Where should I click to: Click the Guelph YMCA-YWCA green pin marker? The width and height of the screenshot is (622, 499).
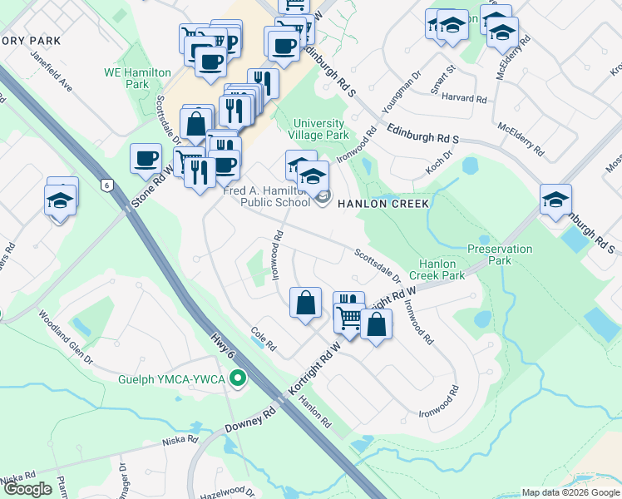pyautogui.click(x=239, y=379)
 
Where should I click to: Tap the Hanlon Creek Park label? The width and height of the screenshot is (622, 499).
pyautogui.click(x=442, y=269)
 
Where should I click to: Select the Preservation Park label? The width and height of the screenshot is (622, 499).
pyautogui.click(x=499, y=254)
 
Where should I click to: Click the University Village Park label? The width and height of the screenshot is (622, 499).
pyautogui.click(x=319, y=129)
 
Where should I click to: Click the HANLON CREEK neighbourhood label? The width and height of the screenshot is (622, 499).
pyautogui.click(x=383, y=204)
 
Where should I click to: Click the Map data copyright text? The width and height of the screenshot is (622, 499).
pyautogui.click(x=570, y=492)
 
